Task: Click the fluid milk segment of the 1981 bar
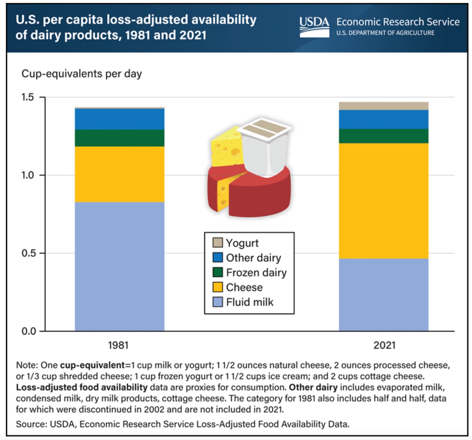(120, 266)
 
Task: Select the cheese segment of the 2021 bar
(383, 201)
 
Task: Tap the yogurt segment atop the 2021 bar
(383, 106)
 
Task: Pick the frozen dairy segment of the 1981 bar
(120, 138)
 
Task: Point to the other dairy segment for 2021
(383, 119)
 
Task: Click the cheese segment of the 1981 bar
(120, 174)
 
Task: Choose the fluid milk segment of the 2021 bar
(383, 295)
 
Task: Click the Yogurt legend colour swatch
(218, 243)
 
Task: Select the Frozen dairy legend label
(256, 273)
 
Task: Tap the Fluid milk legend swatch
(218, 302)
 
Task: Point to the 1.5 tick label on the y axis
(28, 97)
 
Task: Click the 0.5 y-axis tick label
(28, 253)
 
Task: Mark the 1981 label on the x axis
(118, 345)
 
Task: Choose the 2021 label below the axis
(384, 345)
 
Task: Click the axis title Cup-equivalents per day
(81, 74)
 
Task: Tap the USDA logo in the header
(314, 27)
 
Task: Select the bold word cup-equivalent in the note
(92, 365)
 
